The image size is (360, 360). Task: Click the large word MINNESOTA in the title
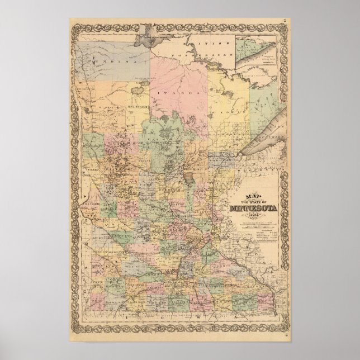252,210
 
